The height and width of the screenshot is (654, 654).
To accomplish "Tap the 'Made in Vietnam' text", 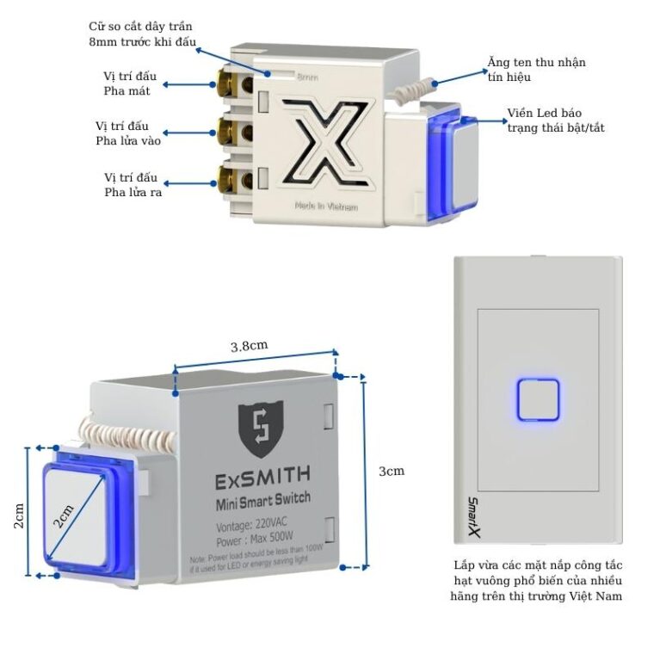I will point(325,207).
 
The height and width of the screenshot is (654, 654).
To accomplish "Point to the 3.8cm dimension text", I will point(249,345).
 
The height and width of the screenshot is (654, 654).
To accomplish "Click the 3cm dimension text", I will point(392,471).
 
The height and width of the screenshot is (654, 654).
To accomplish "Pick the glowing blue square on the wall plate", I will point(539,399).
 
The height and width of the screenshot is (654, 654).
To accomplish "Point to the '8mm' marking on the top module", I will point(307,77).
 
